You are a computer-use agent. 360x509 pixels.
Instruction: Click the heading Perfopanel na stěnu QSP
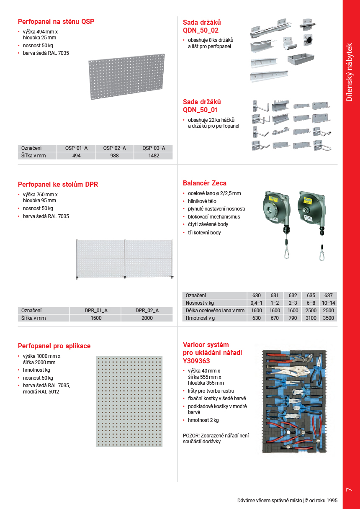click(56, 22)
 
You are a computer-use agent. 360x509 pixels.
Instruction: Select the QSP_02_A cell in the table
click(115, 148)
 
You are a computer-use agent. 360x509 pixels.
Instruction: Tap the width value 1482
click(154, 156)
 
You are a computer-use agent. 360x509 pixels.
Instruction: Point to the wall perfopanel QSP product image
click(127, 77)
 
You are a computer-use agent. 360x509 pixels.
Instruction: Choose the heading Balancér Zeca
click(205, 183)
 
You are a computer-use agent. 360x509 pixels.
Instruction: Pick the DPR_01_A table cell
click(96, 311)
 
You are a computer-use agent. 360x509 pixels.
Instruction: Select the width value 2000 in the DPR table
click(147, 318)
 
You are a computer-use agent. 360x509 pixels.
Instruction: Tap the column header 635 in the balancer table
click(311, 296)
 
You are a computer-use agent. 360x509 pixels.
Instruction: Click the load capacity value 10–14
click(329, 303)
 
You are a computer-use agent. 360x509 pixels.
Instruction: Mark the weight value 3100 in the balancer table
click(311, 318)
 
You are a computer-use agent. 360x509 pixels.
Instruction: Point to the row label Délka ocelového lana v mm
click(215, 311)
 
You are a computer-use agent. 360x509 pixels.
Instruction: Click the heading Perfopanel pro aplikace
click(54, 346)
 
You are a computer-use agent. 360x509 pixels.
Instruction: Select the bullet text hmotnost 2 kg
click(203, 420)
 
